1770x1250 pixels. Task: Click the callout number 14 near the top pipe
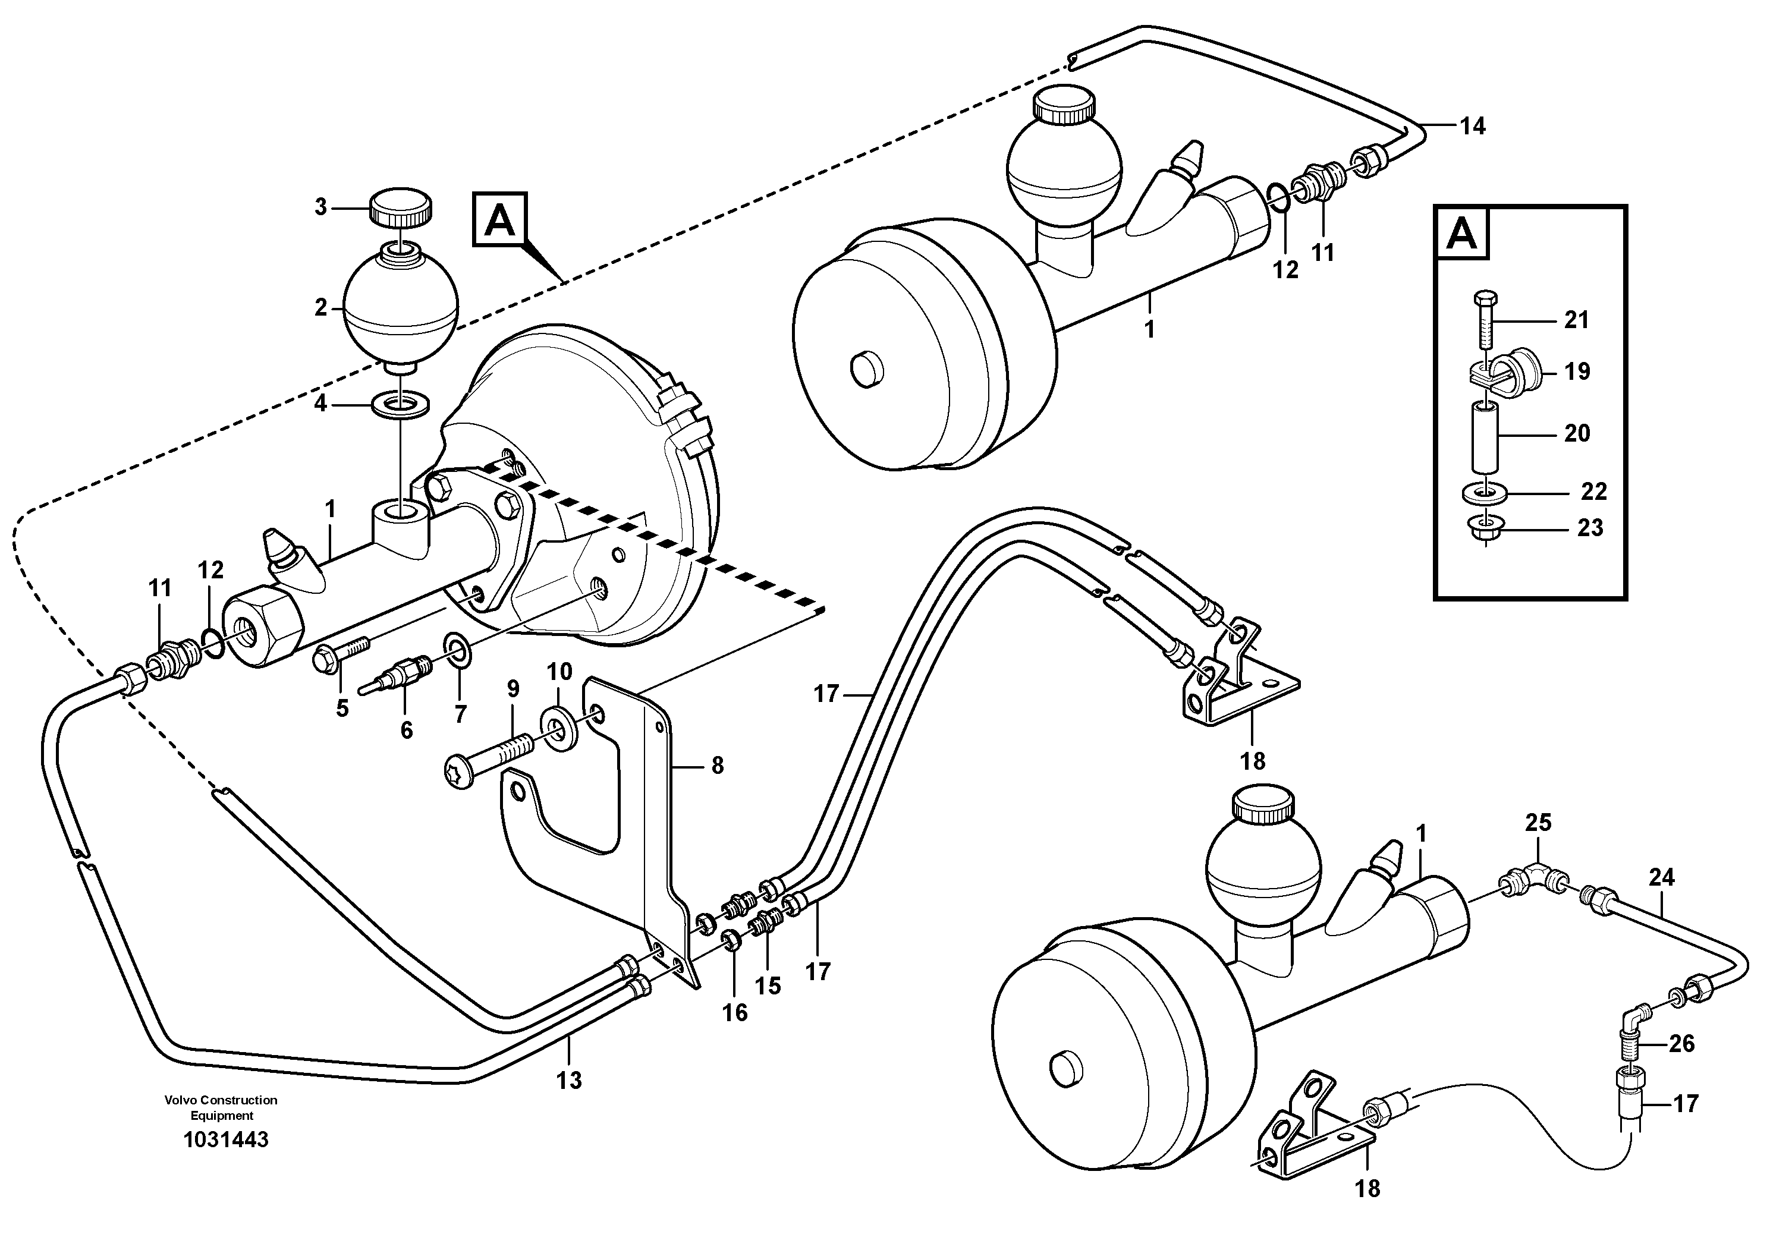[1473, 125]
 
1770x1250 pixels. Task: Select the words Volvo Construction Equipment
[221, 1107]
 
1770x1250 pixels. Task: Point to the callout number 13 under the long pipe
[569, 1081]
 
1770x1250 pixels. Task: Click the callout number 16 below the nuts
[735, 1013]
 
